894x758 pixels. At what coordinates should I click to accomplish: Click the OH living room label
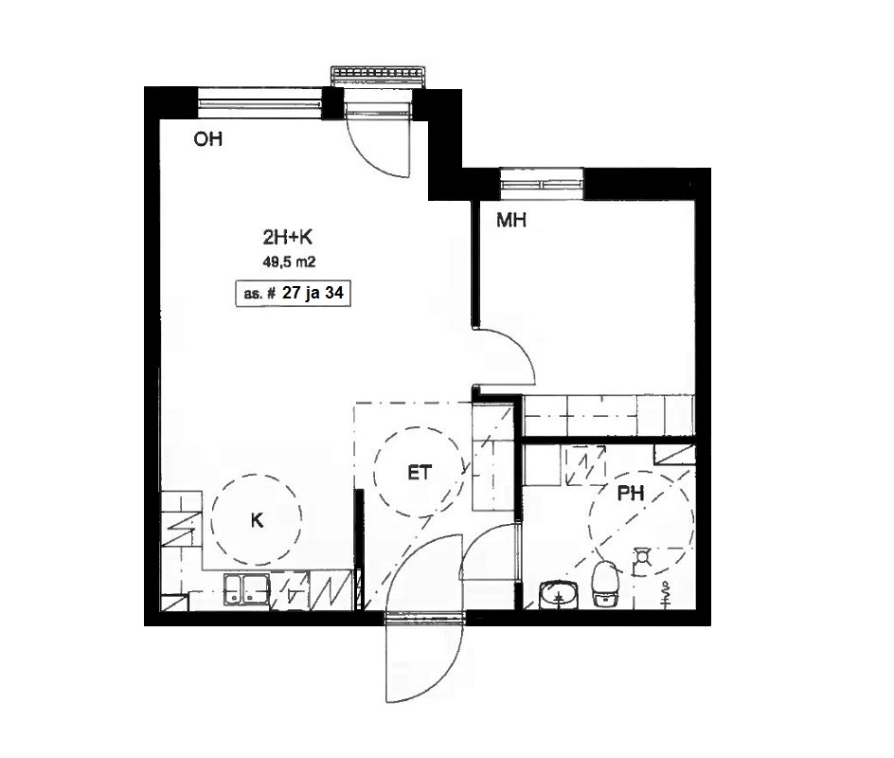pos(208,139)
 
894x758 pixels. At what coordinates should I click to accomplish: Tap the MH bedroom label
pos(511,220)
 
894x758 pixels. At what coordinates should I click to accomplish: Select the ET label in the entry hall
pos(420,473)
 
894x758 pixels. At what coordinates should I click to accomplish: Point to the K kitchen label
pos(258,520)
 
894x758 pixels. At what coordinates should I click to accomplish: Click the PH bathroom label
pos(631,494)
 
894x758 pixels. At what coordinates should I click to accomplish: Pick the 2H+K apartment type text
pos(289,237)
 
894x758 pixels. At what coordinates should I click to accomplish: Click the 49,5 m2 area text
pos(289,262)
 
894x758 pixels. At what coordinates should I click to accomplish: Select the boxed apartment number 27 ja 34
pos(293,294)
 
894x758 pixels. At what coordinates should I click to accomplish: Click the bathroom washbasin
pos(559,595)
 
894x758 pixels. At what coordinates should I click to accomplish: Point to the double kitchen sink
pos(247,589)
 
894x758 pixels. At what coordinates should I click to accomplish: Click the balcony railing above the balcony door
pos(379,75)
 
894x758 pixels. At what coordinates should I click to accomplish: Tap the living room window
pos(260,103)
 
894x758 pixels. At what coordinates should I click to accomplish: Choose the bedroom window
pos(542,183)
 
